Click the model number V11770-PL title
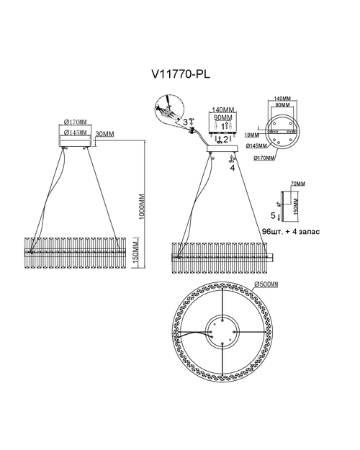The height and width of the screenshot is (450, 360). point(181,74)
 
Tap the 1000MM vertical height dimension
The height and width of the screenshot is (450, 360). point(142,207)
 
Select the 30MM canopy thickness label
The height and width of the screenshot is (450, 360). point(104,134)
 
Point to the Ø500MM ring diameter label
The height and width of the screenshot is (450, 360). point(266,284)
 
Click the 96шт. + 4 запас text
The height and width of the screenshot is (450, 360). point(291,231)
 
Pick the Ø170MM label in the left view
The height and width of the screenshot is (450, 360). point(75,122)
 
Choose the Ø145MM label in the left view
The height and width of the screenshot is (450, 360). point(75,132)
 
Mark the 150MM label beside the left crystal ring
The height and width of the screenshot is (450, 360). point(136,253)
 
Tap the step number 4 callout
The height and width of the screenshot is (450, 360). point(233,168)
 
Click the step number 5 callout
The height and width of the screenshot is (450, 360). point(273,215)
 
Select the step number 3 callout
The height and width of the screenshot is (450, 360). point(186,122)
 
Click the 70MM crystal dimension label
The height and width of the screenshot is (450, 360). point(298,184)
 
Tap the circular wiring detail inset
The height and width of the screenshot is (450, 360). point(168,109)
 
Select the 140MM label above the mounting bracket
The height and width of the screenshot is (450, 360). point(222,109)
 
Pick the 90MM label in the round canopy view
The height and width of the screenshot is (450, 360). point(282,105)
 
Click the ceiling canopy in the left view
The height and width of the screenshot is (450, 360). point(75,143)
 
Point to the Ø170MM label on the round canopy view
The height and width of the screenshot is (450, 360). point(264,158)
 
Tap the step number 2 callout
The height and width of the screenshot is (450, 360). point(225,140)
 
